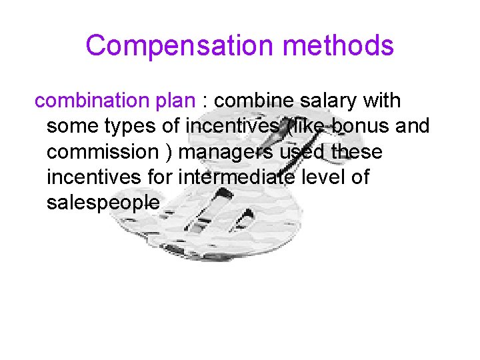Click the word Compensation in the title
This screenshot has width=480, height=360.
point(176,45)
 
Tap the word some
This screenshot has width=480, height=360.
point(72,126)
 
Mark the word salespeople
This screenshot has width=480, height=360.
point(103,203)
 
